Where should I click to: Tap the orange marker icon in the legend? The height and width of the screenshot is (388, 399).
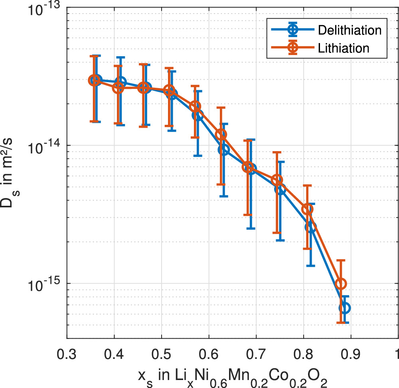click(x=293, y=47)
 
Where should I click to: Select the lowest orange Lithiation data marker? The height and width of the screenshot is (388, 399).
click(x=341, y=284)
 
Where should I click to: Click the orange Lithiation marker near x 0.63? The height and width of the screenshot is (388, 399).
click(x=221, y=134)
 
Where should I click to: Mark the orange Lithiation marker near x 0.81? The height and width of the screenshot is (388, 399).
click(x=307, y=209)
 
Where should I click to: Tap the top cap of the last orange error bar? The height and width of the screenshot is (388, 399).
click(x=341, y=260)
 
